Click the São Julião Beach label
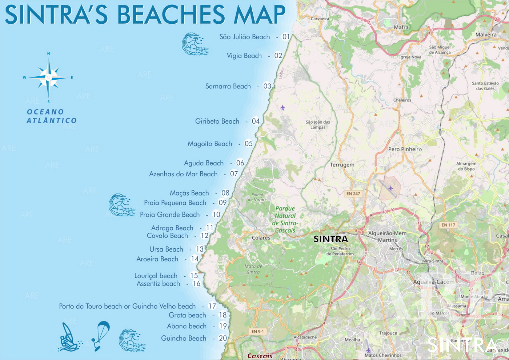244,37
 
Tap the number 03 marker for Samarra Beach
267,86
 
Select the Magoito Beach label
210,144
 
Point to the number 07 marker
234,174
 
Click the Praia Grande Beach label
170,215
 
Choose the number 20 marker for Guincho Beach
223,338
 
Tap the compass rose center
48,77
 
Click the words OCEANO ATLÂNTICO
51,116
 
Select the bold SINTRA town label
330,239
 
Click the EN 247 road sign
353,193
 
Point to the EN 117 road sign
448,225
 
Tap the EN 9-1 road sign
257,331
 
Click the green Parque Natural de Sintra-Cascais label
285,219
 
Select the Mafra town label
401,27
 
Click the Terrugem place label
342,165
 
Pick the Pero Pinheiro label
405,149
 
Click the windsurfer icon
69,337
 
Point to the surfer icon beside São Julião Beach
195,44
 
